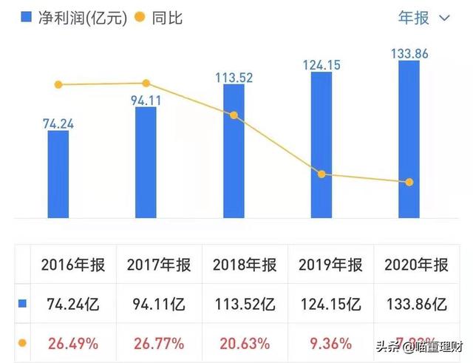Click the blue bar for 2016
[x=58, y=174]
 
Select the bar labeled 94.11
[x=146, y=163]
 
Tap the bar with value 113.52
[x=234, y=152]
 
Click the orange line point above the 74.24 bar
[x=58, y=85]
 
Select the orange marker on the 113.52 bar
[x=234, y=115]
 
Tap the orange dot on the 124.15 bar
[x=321, y=174]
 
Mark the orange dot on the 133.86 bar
[x=408, y=182]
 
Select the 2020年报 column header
[x=417, y=265]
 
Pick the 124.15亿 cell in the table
[x=331, y=304]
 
